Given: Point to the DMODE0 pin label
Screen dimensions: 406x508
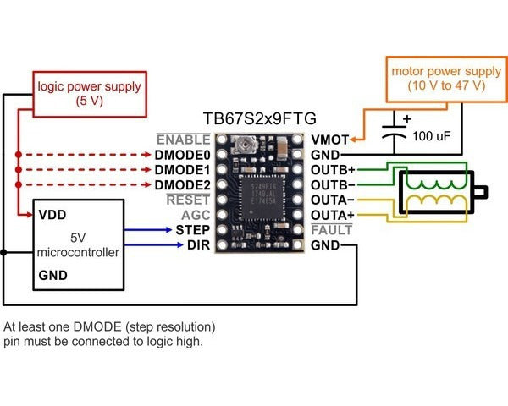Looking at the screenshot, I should pyautogui.click(x=182, y=155).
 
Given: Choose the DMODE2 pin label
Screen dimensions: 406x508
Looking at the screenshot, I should pyautogui.click(x=182, y=184).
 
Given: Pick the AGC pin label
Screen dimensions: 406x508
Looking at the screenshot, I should pyautogui.click(x=195, y=215).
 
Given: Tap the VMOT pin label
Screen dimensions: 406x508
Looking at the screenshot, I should pyautogui.click(x=329, y=139).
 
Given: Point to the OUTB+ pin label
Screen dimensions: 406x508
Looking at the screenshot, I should pyautogui.click(x=331, y=169).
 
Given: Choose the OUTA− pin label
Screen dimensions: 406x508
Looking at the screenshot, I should pyautogui.click(x=331, y=200).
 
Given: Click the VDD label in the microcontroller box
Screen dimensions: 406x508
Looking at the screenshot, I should pyautogui.click(x=53, y=215).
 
